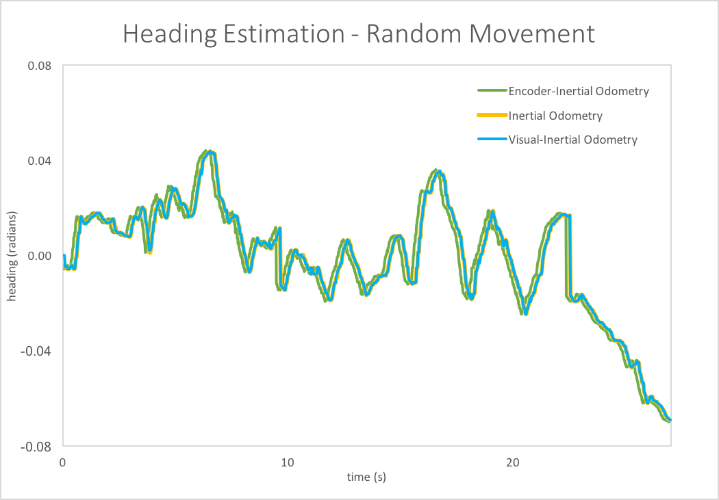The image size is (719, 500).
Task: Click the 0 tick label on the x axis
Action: pos(63,462)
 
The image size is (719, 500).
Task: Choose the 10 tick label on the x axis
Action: pos(288,462)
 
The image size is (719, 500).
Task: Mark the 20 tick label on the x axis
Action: pos(513,462)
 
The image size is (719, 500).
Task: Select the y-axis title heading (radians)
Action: pos(13,256)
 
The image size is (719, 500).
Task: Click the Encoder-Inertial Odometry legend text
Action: pos(579,91)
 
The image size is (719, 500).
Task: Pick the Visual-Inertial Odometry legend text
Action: pos(572,140)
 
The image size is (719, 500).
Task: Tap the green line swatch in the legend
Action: pos(492,91)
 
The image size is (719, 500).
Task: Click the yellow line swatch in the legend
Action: pos(492,116)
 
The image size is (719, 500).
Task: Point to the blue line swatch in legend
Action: pos(492,140)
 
